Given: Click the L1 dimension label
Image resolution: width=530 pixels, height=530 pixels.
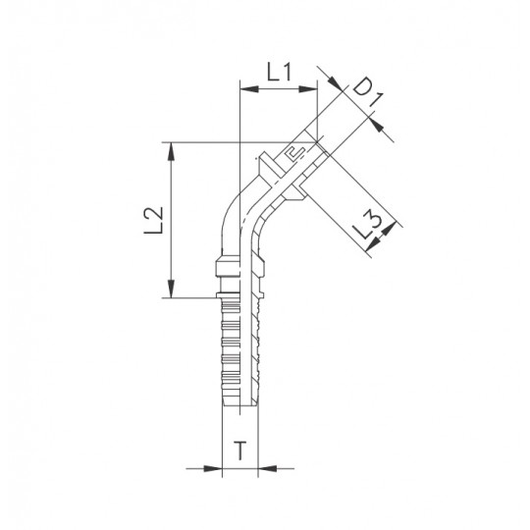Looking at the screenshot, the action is tap(279, 73).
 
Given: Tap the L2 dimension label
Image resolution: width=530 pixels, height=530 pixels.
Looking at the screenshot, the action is tap(153, 221).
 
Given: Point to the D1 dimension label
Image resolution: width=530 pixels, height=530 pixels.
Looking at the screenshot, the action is tap(368, 92).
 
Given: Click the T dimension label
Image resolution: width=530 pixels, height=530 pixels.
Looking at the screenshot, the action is tap(240, 450).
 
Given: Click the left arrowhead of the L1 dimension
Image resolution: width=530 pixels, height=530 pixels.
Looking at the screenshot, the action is tap(248, 89).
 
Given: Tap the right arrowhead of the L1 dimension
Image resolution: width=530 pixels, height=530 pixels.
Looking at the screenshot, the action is tap(308, 89).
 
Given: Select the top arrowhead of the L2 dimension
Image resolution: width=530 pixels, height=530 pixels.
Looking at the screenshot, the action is tap(172, 151).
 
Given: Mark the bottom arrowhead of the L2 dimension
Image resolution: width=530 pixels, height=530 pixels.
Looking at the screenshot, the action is tap(172, 289).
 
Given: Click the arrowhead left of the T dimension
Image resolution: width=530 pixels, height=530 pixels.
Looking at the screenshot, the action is tap(213, 468).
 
